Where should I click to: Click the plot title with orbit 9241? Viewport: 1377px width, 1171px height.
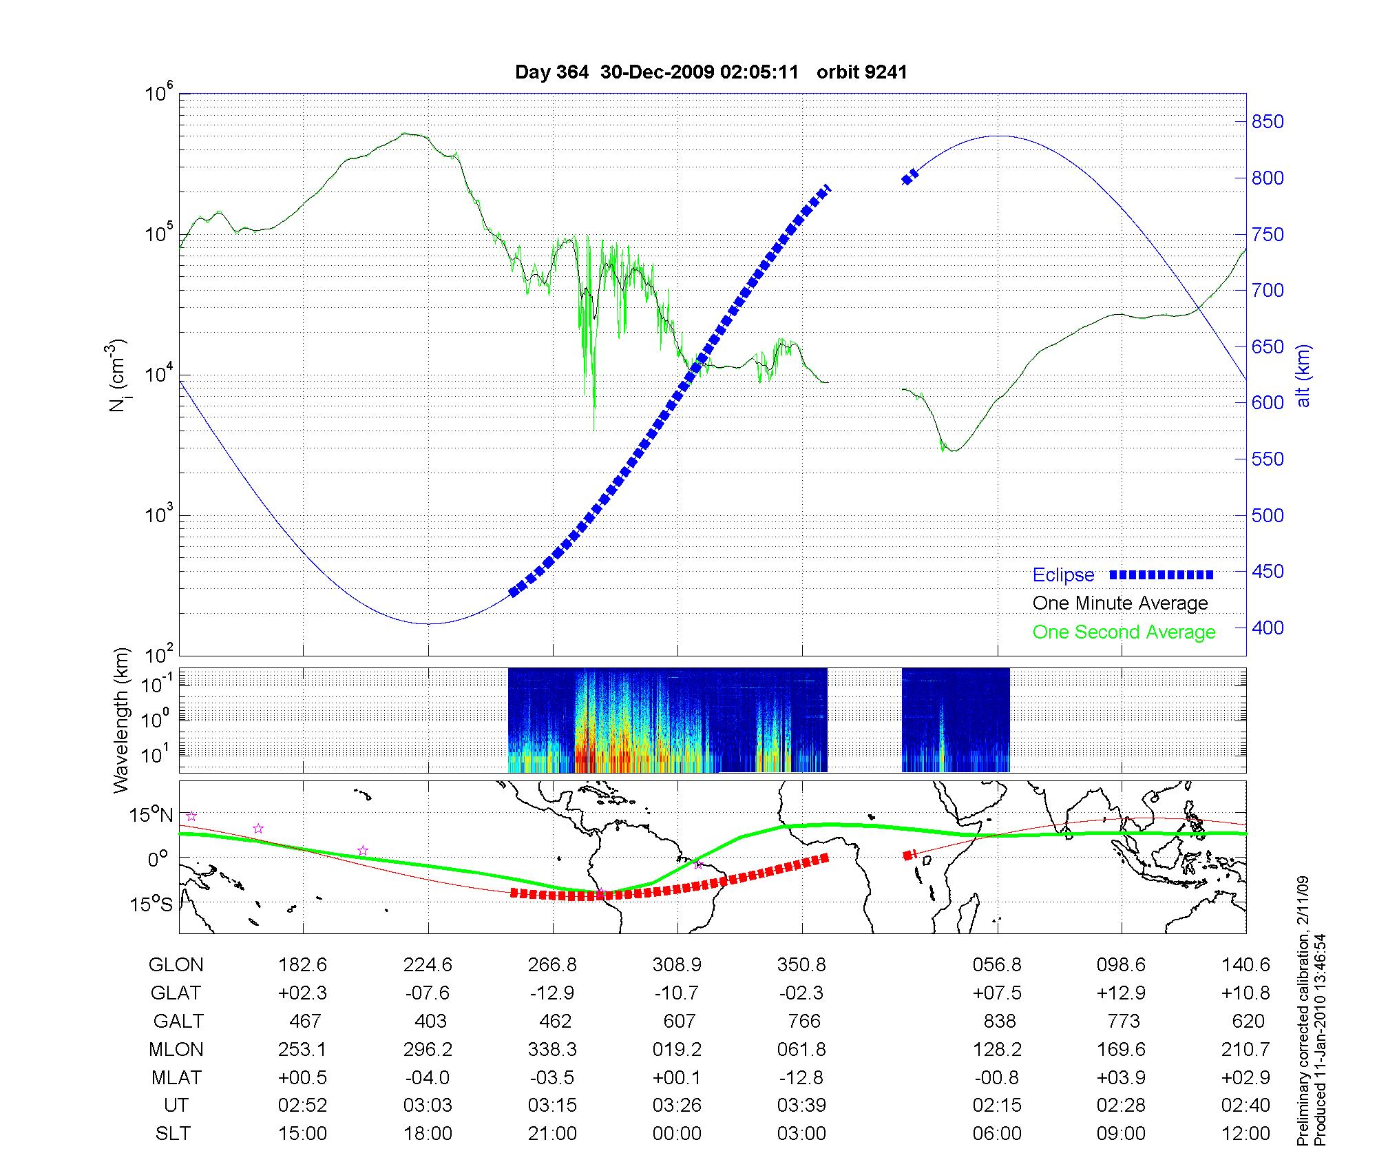[x=711, y=72]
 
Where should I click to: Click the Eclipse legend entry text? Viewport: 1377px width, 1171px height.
[x=1063, y=575]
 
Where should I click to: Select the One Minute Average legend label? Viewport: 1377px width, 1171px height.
[x=1120, y=603]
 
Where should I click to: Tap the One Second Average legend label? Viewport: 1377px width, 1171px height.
[x=1124, y=632]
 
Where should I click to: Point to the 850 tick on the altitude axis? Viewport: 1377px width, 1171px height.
[x=1268, y=122]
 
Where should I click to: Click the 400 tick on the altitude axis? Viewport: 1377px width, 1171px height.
[x=1268, y=628]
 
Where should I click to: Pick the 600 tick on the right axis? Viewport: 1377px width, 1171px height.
[x=1268, y=403]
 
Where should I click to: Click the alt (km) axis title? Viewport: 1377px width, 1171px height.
[x=1303, y=375]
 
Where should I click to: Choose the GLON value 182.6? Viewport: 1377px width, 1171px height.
[x=302, y=965]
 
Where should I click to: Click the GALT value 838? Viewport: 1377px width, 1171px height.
[x=1000, y=1022]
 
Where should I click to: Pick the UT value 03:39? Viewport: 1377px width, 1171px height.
[x=801, y=1106]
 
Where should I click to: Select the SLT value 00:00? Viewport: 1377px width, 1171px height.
[x=677, y=1134]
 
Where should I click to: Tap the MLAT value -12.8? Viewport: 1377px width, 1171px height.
[x=801, y=1077]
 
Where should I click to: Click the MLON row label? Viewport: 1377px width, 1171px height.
[x=176, y=1050]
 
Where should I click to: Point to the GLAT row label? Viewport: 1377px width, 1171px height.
[x=176, y=993]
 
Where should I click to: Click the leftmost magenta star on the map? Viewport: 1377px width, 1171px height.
[x=191, y=816]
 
